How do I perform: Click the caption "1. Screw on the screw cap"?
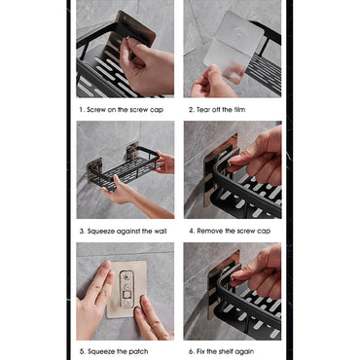[x=122, y=110]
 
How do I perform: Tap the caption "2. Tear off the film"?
[x=217, y=110]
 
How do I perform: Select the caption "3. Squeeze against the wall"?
[x=124, y=231]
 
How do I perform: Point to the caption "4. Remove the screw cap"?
[x=230, y=231]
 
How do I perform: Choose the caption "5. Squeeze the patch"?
[x=114, y=351]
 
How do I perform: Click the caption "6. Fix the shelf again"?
[x=221, y=351]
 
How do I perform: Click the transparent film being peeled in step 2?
[x=234, y=46]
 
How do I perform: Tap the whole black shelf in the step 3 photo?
[x=124, y=168]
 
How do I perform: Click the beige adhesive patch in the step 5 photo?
[x=127, y=289]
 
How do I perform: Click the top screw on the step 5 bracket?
[x=126, y=276]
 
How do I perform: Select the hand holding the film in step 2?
[x=212, y=83]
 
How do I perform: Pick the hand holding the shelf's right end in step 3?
[x=165, y=162]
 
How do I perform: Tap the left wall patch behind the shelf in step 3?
[x=93, y=169]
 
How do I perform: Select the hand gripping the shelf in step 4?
[x=256, y=156]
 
